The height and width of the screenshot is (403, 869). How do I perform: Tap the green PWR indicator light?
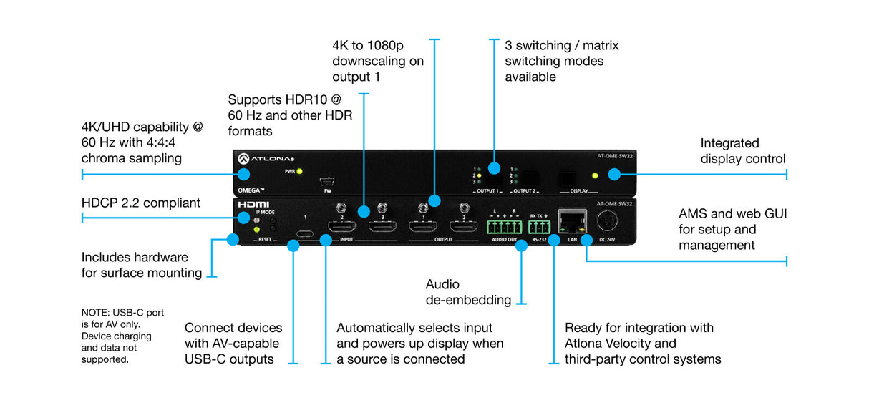[x=300, y=172]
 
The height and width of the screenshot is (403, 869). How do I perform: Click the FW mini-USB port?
[x=327, y=180]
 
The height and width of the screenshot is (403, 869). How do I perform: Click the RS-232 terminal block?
[x=541, y=227]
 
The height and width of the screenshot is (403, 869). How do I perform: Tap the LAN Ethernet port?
[x=573, y=220]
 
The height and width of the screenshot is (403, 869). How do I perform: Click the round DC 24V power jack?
[x=606, y=220]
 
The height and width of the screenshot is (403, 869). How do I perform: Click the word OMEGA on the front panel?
[x=252, y=189]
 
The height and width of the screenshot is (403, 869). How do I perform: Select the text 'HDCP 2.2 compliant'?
[x=141, y=203]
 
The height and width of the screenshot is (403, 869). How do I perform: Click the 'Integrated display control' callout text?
[x=742, y=151]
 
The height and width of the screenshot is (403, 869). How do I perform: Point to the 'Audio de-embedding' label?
[x=468, y=292]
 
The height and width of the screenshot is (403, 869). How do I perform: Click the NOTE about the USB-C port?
[x=117, y=336]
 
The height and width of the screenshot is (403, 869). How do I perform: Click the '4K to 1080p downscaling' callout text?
[x=378, y=61]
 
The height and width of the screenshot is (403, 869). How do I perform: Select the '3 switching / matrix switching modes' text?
[x=561, y=61]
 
